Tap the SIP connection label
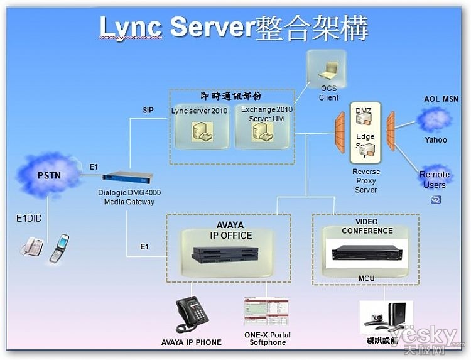tap(148, 111)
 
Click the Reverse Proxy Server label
tap(365, 180)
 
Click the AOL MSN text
tap(440, 99)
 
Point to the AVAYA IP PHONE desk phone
tap(192, 314)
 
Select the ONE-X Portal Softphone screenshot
tap(266, 312)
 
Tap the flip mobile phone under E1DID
tap(59, 248)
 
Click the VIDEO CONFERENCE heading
tap(367, 226)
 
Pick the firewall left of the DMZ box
tap(339, 131)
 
